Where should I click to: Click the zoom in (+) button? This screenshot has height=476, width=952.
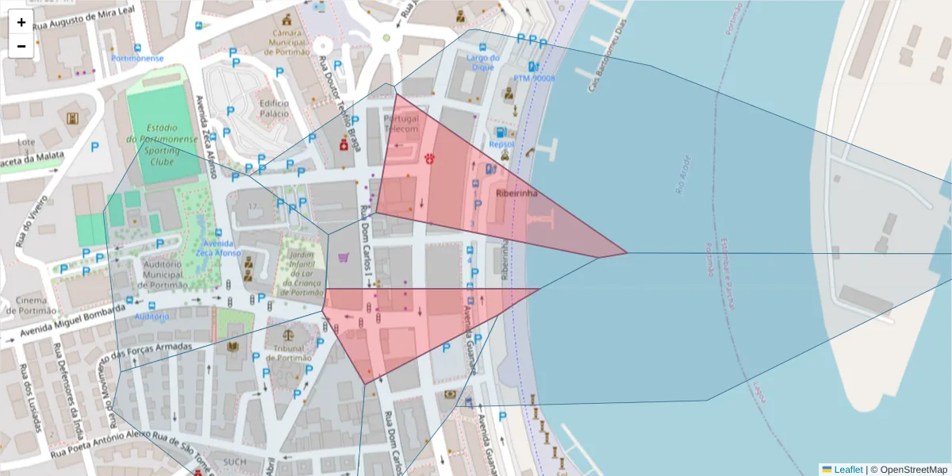click(x=21, y=22)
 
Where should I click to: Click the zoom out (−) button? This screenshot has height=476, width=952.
click(x=21, y=46)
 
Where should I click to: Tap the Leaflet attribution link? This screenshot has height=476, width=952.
click(x=847, y=469)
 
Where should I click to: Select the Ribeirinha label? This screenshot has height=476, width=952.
click(x=516, y=193)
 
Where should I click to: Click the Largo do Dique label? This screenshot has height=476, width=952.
click(x=483, y=62)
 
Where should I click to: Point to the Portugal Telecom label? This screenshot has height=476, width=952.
click(x=401, y=124)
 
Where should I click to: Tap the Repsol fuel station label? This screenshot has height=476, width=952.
click(x=501, y=144)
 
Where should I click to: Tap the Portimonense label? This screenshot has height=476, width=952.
click(x=138, y=58)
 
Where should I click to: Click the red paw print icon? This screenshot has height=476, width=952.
click(x=429, y=159)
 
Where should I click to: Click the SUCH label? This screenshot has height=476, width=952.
click(x=235, y=462)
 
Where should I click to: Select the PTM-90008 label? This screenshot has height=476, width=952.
click(x=534, y=79)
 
